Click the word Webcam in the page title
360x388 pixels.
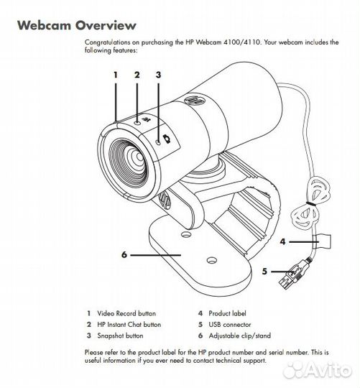pos(45,25)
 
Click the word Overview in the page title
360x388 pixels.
pos(106,25)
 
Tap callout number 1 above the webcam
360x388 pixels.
pos(115,75)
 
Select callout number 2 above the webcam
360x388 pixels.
pos(137,75)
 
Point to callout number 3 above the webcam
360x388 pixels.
pos(158,75)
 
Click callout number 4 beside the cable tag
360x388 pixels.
pos(282,241)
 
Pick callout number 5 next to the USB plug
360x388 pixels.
pos(264,271)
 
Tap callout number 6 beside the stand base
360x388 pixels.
pos(124,254)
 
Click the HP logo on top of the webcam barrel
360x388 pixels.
pos(195,100)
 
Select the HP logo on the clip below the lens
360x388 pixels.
pos(165,200)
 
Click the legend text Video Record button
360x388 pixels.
pos(126,313)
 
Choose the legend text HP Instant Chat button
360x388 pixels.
pos(129,324)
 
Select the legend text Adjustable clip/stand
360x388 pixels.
pos(240,336)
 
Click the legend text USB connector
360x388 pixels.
pos(230,324)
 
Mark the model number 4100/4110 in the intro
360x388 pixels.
pos(242,42)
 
